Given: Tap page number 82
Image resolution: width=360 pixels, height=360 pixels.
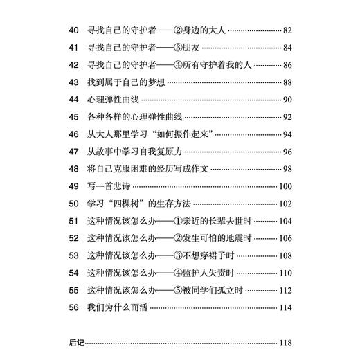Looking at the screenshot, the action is click(x=289, y=32).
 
